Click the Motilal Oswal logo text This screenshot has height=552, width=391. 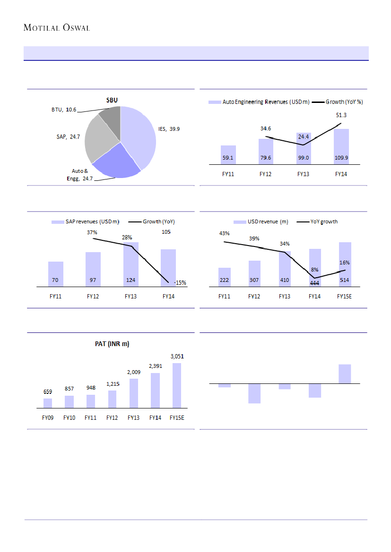tap(57, 27)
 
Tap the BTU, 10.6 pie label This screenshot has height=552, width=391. tap(64, 110)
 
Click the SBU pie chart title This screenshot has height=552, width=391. tap(112, 100)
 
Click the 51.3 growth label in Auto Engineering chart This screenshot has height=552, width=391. tap(341, 115)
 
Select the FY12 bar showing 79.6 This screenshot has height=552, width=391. tap(266, 151)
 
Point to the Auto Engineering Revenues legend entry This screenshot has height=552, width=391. tap(259, 102)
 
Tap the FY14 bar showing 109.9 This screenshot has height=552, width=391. tap(341, 146)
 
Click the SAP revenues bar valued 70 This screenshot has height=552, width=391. tap(56, 274)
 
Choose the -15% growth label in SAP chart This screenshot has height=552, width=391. tap(180, 283)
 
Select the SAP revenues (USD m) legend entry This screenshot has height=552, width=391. tap(85, 221)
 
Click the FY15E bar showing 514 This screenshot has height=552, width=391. tap(345, 264)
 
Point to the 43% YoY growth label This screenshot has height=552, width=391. tap(224, 233)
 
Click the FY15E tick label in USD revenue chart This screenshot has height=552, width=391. tap(345, 297)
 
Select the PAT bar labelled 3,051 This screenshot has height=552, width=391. tap(177, 385)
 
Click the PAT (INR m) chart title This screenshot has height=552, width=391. tap(112, 344)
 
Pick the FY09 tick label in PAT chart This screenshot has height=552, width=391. tap(48, 417)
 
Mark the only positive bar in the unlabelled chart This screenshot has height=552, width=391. tap(345, 374)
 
